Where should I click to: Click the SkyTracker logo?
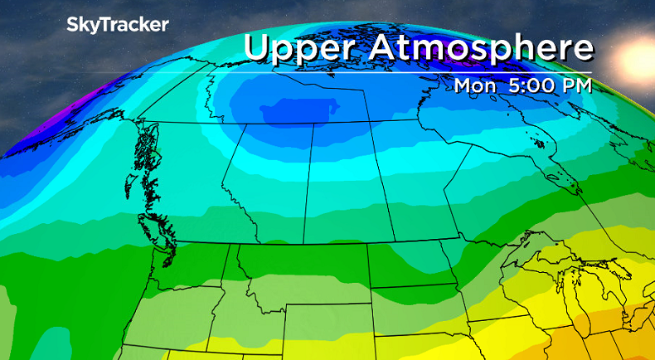coord(117,26)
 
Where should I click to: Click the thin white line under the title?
coord(415,74)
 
